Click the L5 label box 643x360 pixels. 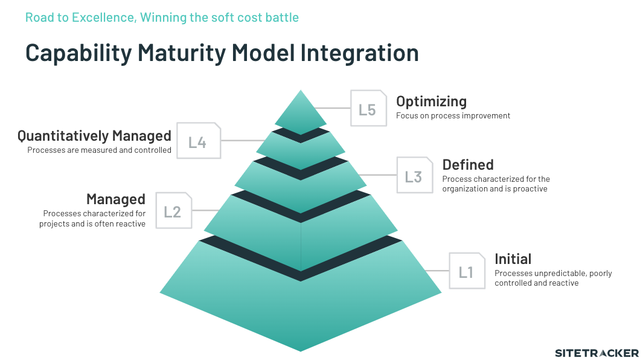(x=368, y=108)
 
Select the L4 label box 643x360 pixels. (x=199, y=140)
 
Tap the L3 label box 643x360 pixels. (x=415, y=175)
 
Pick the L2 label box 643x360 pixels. (x=174, y=210)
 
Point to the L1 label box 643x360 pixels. (x=467, y=271)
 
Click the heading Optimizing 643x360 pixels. (x=432, y=101)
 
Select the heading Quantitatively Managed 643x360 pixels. (x=94, y=136)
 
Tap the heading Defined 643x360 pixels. (x=468, y=165)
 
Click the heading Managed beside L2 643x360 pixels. (x=116, y=199)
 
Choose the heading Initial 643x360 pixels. (x=513, y=259)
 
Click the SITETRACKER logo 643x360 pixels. (x=597, y=353)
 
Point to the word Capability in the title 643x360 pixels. (x=78, y=53)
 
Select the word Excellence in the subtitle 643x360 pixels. (x=103, y=18)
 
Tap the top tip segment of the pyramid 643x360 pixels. (x=301, y=112)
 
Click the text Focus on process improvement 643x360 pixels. (x=453, y=116)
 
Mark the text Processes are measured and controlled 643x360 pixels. (x=99, y=150)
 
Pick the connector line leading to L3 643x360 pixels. (x=378, y=175)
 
